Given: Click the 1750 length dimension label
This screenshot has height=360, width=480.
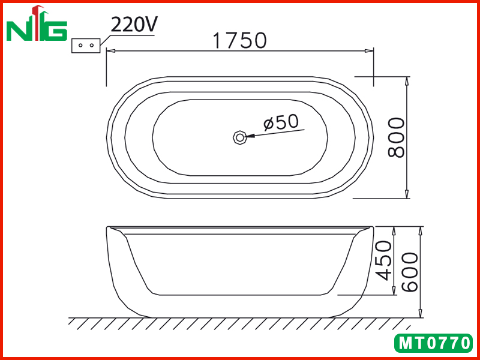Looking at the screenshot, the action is pos(239,41).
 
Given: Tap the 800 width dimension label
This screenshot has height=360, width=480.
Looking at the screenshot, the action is pos(396,137).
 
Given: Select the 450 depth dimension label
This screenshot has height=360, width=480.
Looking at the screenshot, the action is pos(383,260).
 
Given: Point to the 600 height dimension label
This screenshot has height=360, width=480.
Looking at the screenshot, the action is pos(410,272).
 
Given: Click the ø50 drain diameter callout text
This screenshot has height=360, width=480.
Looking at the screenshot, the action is pos(281,122).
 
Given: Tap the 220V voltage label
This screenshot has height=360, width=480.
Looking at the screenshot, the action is pos(134,24).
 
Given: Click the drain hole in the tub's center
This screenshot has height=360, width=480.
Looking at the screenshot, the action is pos(239,137).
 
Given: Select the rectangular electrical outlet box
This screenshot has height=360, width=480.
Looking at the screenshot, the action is pos(86,46).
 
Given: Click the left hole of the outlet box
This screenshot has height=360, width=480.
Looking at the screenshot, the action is pos(80,46).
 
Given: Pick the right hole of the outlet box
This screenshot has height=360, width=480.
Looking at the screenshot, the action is pos(92,46).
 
